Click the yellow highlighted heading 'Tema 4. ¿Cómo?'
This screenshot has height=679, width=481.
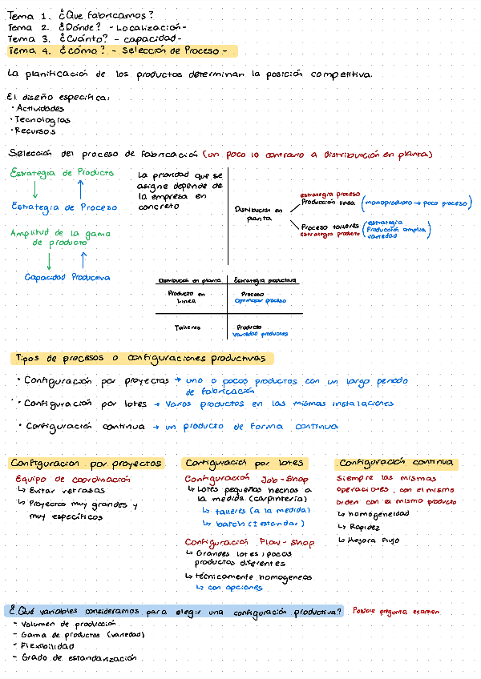click(120, 51)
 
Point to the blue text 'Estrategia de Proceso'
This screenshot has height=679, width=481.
click(64, 207)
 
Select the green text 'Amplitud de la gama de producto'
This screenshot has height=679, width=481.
click(60, 237)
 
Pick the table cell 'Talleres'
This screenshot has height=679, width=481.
click(188, 327)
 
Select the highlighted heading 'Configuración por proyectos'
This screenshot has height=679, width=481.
click(86, 463)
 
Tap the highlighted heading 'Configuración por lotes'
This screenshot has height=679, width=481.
click(244, 463)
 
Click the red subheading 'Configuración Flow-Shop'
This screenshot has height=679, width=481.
click(249, 542)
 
